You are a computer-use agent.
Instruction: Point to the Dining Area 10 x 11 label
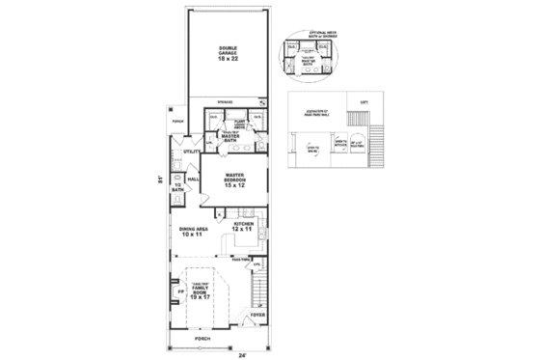(191, 232)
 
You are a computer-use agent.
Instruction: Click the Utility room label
(191, 152)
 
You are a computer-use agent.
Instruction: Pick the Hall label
(193, 179)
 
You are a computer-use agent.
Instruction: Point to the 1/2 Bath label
(177, 187)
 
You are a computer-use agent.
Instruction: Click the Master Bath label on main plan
(230, 138)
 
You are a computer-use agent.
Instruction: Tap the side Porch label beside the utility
(176, 123)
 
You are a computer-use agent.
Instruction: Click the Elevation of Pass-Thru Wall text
(310, 116)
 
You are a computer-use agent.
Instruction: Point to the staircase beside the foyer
(257, 288)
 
